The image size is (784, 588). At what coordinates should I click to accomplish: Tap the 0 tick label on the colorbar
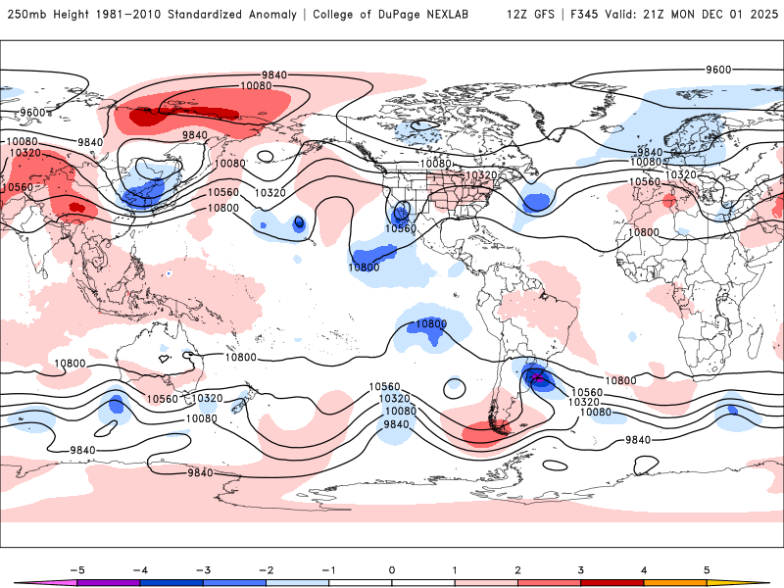(391, 568)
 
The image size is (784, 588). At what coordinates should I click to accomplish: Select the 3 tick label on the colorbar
(581, 568)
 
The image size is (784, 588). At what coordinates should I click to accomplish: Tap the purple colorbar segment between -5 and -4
(107, 582)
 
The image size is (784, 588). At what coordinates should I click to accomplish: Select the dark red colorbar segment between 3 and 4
(612, 582)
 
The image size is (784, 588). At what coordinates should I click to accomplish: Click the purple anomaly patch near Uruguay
(536, 377)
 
